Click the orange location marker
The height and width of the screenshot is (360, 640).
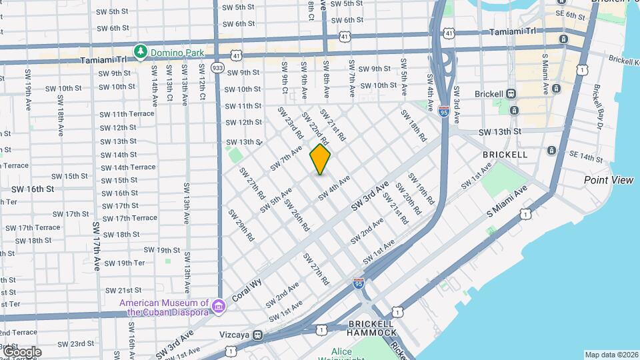[x=320, y=159]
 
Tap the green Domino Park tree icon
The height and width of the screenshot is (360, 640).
[x=140, y=51]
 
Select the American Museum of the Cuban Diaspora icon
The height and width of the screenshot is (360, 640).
[x=219, y=307]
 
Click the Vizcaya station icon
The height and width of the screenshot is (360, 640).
[x=257, y=335]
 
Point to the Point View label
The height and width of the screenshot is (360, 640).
[x=608, y=180]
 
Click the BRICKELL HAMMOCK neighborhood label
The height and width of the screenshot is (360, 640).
[x=372, y=328]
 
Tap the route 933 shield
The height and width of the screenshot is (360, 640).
[x=217, y=67]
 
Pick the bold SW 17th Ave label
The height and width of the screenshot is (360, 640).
[x=97, y=246]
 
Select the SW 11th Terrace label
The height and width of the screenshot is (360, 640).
[x=127, y=114]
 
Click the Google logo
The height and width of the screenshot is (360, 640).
[x=21, y=351]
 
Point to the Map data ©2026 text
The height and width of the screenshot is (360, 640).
[x=611, y=355]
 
